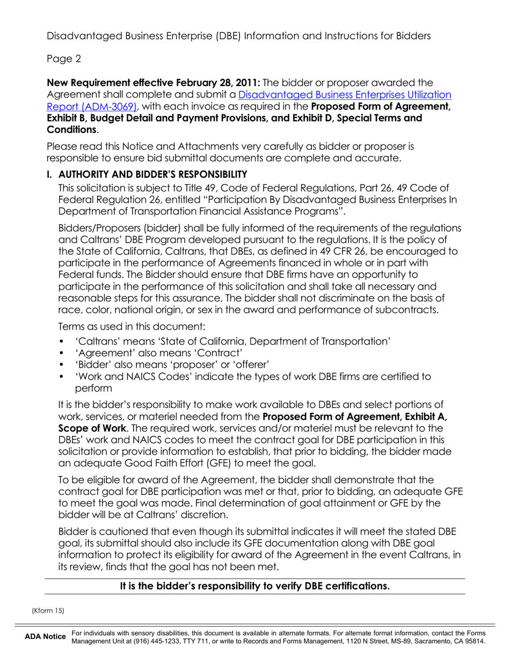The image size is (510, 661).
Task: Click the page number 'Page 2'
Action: [64, 59]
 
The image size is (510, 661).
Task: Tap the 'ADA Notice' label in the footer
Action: [45, 637]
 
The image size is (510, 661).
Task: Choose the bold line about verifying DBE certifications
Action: [254, 586]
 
